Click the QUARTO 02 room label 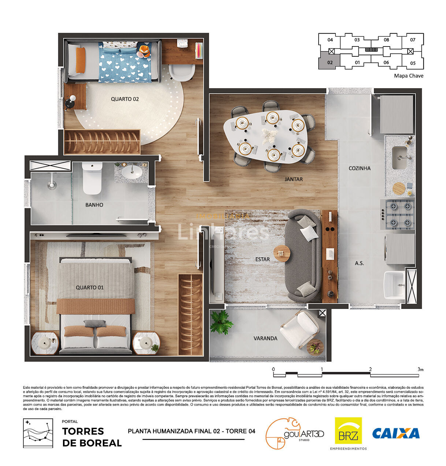(125, 99)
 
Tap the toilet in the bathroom (92, 179)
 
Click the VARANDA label (265, 338)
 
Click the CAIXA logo (396, 433)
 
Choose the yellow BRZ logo (348, 431)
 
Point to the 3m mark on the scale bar (420, 370)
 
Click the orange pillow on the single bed (81, 60)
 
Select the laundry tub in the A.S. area (394, 285)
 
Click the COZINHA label (360, 168)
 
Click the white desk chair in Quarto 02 (182, 72)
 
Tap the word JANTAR (294, 179)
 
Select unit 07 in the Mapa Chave (413, 40)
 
